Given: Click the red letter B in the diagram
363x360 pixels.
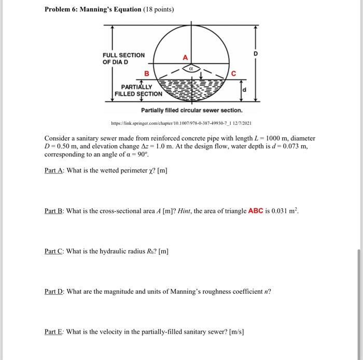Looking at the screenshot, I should pos(146,74).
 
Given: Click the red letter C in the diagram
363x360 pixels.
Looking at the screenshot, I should pos(233,74).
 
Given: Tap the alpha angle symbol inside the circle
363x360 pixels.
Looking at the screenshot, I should pos(191,67).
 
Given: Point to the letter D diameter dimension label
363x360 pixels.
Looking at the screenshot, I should pos(255,54).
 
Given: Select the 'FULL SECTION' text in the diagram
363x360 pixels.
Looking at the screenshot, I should pos(123,55).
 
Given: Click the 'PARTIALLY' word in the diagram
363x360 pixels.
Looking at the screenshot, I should pos(136,87).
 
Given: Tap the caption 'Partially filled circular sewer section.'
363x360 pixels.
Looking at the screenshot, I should pos(191,111).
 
